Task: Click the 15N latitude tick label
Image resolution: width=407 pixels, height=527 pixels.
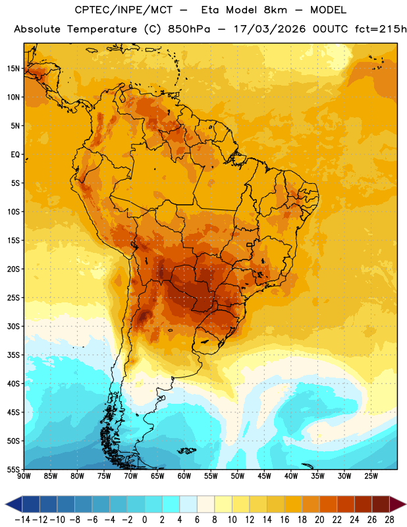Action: point(13,69)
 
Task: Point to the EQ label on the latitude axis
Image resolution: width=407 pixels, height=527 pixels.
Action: point(15,155)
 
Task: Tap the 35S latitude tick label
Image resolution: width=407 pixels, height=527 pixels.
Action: point(13,355)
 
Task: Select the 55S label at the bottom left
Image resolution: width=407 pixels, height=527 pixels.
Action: point(13,469)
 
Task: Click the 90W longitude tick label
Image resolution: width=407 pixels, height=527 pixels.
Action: point(24,476)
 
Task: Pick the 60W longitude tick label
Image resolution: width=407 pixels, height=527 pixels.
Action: point(184,476)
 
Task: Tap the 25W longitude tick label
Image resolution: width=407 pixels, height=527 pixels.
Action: point(371,476)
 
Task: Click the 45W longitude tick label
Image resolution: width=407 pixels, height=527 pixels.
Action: point(264,476)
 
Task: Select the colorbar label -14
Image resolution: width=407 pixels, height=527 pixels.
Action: point(22,520)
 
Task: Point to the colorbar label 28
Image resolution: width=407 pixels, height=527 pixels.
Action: point(389,520)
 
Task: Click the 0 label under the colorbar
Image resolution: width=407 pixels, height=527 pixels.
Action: point(144,520)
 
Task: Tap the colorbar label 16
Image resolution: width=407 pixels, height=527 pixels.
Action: point(285,520)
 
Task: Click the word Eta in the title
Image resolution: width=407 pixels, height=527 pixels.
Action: point(210,10)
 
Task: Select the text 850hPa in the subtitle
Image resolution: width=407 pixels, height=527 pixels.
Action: point(189,29)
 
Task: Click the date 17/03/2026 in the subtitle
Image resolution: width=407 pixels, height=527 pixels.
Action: point(269,29)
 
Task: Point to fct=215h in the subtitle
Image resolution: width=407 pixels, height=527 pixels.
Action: point(381,29)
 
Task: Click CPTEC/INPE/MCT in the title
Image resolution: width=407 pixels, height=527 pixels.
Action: point(123,10)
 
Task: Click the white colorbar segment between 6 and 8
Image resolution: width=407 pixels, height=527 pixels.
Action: point(205,504)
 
